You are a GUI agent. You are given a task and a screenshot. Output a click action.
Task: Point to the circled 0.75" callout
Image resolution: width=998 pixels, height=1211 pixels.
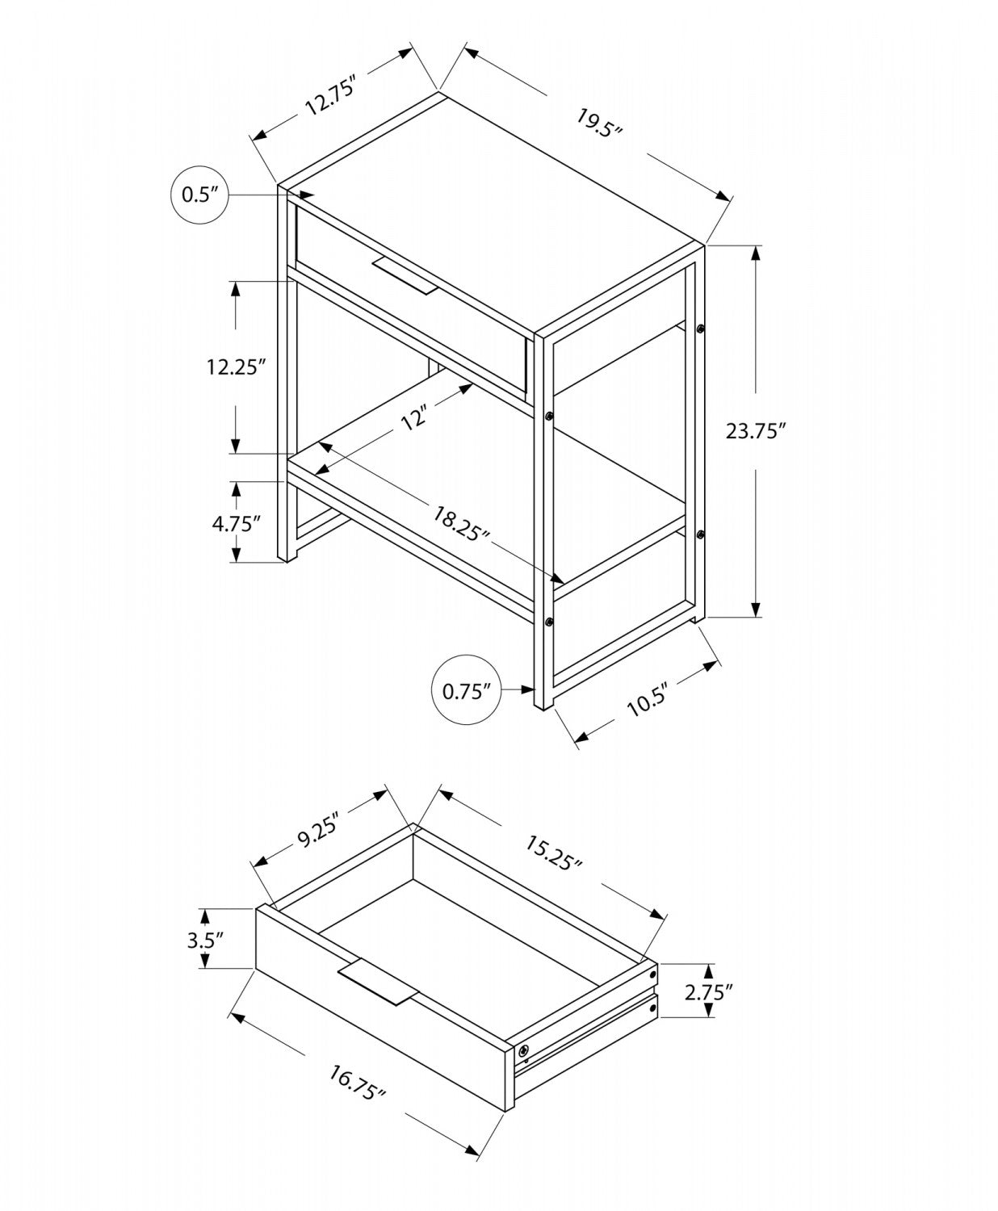coord(466,690)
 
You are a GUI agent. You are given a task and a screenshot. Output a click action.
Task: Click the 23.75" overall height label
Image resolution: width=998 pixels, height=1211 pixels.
coord(755,430)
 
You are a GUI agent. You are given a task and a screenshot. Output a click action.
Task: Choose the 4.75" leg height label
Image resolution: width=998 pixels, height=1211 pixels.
coord(236,522)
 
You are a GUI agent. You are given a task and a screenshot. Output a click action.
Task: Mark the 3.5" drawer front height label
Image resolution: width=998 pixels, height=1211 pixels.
coord(204,939)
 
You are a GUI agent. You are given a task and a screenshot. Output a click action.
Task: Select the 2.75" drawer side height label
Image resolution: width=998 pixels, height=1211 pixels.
coord(708,992)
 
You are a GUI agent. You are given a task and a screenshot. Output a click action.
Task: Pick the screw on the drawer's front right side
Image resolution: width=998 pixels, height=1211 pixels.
coord(524,1050)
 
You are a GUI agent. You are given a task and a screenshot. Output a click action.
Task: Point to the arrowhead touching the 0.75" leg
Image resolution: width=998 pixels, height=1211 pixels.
coord(530,689)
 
